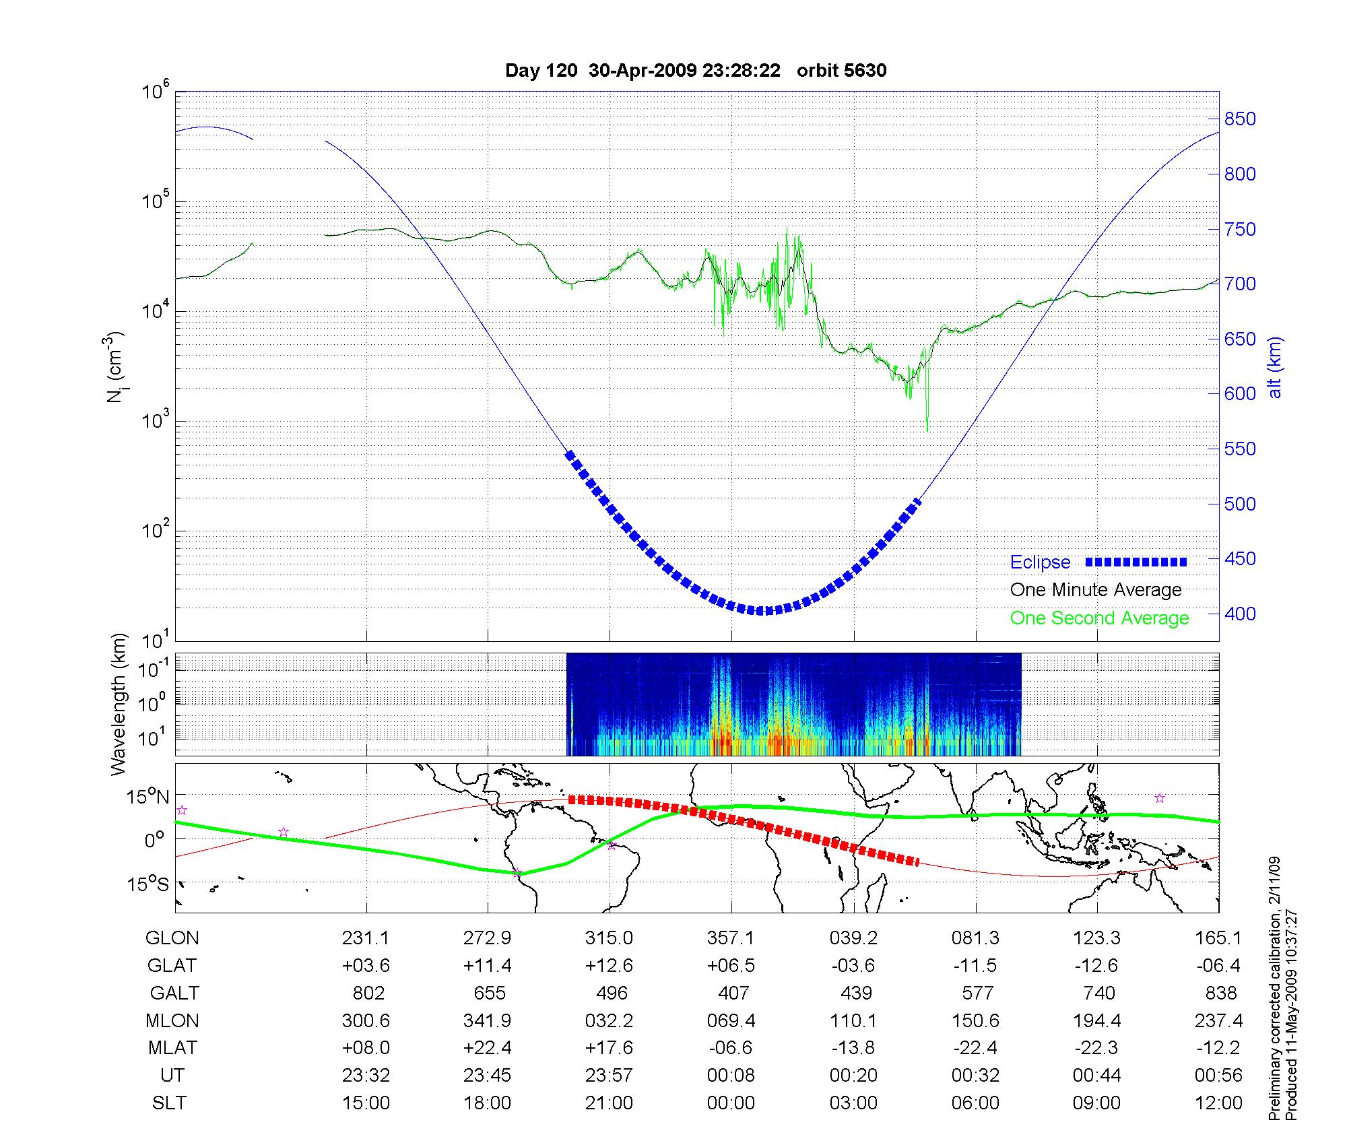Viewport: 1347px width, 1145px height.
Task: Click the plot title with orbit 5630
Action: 696,71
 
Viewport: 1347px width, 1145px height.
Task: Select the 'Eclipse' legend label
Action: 1040,562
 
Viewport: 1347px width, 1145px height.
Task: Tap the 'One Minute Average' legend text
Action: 1096,590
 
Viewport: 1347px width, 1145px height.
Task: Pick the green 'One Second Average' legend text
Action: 1099,618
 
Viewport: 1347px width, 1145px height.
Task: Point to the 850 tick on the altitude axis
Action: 1240,119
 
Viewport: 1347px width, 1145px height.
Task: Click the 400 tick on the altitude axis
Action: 1240,614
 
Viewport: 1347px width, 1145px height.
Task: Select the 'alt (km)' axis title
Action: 1275,367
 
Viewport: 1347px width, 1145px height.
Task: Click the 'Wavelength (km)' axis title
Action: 119,704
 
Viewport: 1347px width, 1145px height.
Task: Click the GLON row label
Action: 172,938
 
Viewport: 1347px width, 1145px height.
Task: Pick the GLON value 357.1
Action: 731,938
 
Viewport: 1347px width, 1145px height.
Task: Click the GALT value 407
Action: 733,993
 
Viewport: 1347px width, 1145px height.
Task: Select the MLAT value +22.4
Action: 488,1048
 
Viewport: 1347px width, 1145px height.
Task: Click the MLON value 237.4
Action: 1218,1021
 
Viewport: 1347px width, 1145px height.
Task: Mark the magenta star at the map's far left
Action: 181,810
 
